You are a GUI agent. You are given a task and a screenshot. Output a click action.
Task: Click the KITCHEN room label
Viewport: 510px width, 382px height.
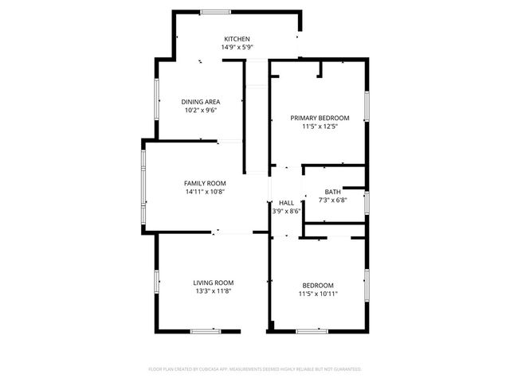click(x=237, y=39)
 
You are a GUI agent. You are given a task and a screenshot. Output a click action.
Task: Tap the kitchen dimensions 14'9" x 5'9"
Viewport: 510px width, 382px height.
click(x=237, y=47)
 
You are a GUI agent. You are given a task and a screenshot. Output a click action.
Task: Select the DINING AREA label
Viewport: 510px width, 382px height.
click(x=200, y=102)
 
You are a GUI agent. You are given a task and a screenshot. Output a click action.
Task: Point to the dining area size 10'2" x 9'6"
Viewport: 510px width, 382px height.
click(x=200, y=110)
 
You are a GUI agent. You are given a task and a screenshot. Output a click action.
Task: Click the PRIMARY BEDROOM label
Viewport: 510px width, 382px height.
click(x=320, y=118)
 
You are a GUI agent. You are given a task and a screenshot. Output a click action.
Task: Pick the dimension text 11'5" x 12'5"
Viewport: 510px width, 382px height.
click(x=320, y=126)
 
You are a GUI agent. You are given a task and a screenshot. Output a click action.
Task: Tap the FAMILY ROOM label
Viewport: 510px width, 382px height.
click(x=205, y=184)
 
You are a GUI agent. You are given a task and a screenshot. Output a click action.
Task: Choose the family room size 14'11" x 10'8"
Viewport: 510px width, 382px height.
click(x=205, y=192)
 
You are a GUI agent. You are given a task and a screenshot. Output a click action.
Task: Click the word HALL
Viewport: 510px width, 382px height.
click(x=286, y=203)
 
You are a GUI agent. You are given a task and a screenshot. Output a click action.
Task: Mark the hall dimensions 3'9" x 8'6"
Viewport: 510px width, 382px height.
click(x=286, y=211)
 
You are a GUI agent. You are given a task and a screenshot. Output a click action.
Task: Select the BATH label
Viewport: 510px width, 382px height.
click(x=333, y=192)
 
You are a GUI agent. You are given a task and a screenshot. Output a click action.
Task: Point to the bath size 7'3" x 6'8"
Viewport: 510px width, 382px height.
click(x=333, y=200)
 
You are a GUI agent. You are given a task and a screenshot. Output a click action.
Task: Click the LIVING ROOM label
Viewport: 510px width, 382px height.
click(x=213, y=283)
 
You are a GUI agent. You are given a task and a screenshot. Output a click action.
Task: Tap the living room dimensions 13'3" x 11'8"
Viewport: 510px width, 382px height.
click(x=213, y=290)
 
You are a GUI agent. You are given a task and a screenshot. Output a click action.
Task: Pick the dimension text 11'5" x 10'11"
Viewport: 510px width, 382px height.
click(x=317, y=294)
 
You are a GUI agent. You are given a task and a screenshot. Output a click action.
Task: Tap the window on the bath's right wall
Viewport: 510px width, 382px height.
click(x=366, y=203)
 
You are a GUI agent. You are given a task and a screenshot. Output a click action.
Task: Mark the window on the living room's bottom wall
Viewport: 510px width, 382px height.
click(x=205, y=330)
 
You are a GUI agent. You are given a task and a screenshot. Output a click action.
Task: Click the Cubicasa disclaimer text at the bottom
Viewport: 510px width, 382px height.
click(x=255, y=369)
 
